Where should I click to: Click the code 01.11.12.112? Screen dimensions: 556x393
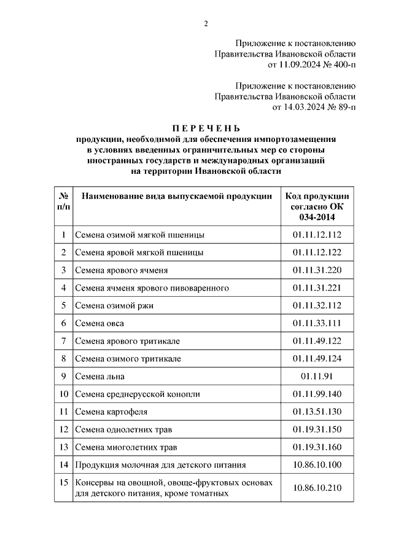click(317, 234)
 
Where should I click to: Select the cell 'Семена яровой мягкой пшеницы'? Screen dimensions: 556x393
click(139, 252)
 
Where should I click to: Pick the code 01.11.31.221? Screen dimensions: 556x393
click(317, 288)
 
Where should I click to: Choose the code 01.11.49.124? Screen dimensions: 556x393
click(317, 358)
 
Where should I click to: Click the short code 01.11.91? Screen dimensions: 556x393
click(317, 376)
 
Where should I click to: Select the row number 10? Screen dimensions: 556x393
click(63, 394)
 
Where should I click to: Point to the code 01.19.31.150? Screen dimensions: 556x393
click(317, 429)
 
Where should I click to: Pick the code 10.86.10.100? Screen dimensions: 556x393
click(317, 465)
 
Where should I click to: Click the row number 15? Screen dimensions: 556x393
click(63, 483)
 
